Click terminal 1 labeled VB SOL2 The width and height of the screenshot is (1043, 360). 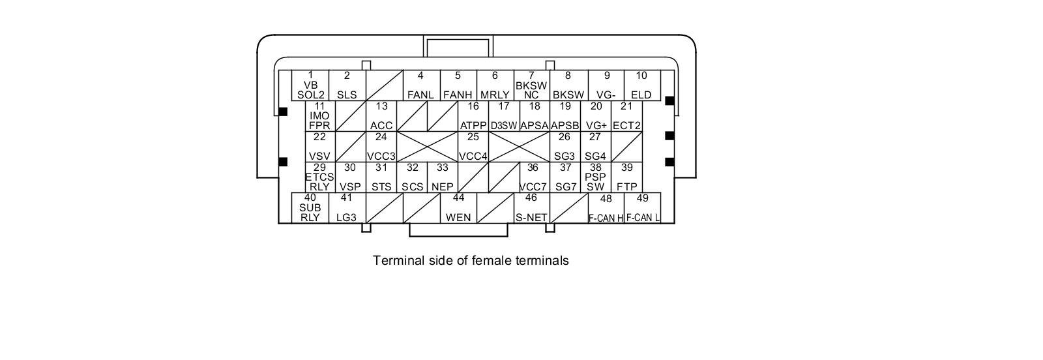pos(310,85)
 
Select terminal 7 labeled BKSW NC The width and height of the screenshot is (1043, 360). pos(531,85)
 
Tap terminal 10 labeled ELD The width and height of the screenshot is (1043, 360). pos(641,85)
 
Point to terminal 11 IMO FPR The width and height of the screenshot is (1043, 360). pos(319,116)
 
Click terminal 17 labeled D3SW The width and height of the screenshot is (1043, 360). pos(504,116)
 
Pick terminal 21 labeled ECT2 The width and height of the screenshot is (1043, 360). pos(626,116)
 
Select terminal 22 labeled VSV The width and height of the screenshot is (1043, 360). pos(319,147)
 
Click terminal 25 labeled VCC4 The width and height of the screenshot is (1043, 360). pos(473,147)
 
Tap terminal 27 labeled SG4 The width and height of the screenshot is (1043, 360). pos(595,147)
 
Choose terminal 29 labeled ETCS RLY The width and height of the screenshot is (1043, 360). pos(319,177)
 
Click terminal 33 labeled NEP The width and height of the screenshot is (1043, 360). pos(443,177)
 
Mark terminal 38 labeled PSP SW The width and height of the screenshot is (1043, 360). pos(595,177)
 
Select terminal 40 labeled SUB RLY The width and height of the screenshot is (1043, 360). pos(310,208)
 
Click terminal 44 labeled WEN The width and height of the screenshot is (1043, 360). pos(458,208)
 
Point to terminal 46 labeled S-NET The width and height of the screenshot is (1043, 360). pos(531,208)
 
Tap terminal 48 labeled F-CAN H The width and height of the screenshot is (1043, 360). pos(606,209)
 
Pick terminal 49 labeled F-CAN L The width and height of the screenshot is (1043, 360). pos(643,209)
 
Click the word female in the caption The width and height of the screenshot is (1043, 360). pos(493,261)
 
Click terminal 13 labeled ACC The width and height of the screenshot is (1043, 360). pos(381,116)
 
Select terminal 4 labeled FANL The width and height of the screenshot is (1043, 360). pos(420,85)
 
